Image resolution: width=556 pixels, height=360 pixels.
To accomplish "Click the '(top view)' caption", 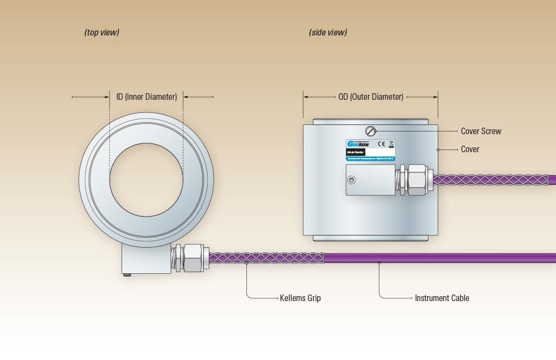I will pyautogui.click(x=101, y=33).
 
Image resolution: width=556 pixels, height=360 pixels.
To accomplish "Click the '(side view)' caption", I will pyautogui.click(x=328, y=33).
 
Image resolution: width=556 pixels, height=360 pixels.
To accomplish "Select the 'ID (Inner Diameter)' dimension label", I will pyautogui.click(x=146, y=97).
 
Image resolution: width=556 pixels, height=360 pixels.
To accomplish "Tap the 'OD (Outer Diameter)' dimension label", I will pyautogui.click(x=371, y=97).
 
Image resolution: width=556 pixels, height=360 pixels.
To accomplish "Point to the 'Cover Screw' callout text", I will pyautogui.click(x=481, y=131).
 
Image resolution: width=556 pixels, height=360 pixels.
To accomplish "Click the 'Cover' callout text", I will pyautogui.click(x=470, y=149).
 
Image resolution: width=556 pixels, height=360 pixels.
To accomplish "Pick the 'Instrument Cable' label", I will pyautogui.click(x=442, y=298).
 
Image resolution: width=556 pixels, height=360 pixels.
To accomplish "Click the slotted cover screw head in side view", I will pyautogui.click(x=371, y=130).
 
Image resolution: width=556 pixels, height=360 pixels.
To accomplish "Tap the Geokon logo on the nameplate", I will pyautogui.click(x=358, y=144).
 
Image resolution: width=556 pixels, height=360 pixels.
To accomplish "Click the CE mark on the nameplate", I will pyautogui.click(x=382, y=144).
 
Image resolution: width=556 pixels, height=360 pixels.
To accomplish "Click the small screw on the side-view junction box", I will pyautogui.click(x=353, y=180).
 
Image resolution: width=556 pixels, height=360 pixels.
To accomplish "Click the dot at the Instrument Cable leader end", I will pyautogui.click(x=379, y=263).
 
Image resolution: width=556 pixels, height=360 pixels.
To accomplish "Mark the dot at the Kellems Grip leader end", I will pyautogui.click(x=247, y=263).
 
